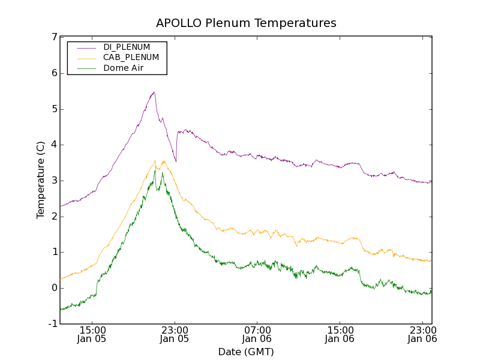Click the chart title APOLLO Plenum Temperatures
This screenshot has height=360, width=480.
pyautogui.click(x=246, y=23)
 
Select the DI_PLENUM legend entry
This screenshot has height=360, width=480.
pyautogui.click(x=127, y=47)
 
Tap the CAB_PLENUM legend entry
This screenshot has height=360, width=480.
pyautogui.click(x=131, y=58)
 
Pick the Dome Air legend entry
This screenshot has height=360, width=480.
pyautogui.click(x=124, y=68)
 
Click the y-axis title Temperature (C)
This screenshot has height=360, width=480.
pyautogui.click(x=41, y=180)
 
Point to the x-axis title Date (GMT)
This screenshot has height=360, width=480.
pyautogui.click(x=246, y=352)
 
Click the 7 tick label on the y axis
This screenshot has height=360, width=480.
pyautogui.click(x=54, y=37)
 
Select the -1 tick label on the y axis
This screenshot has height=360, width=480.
pyautogui.click(x=52, y=324)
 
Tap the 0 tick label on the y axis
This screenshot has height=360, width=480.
pyautogui.click(x=54, y=288)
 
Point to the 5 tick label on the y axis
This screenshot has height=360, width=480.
pyautogui.click(x=54, y=109)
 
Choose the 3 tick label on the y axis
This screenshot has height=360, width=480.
pyautogui.click(x=54, y=181)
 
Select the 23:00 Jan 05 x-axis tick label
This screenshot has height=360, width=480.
pyautogui.click(x=175, y=334)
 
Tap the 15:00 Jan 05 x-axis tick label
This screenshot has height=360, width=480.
pyautogui.click(x=92, y=334)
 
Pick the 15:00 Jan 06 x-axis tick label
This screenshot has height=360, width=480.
pyautogui.click(x=340, y=334)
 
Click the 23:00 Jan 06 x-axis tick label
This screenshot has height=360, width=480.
pyautogui.click(x=422, y=334)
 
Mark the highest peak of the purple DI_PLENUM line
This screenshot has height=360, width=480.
pyautogui.click(x=154, y=92)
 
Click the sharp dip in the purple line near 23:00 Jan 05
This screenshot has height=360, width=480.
pyautogui.click(x=176, y=161)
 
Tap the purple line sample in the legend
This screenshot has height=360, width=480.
pyautogui.click(x=86, y=47)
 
